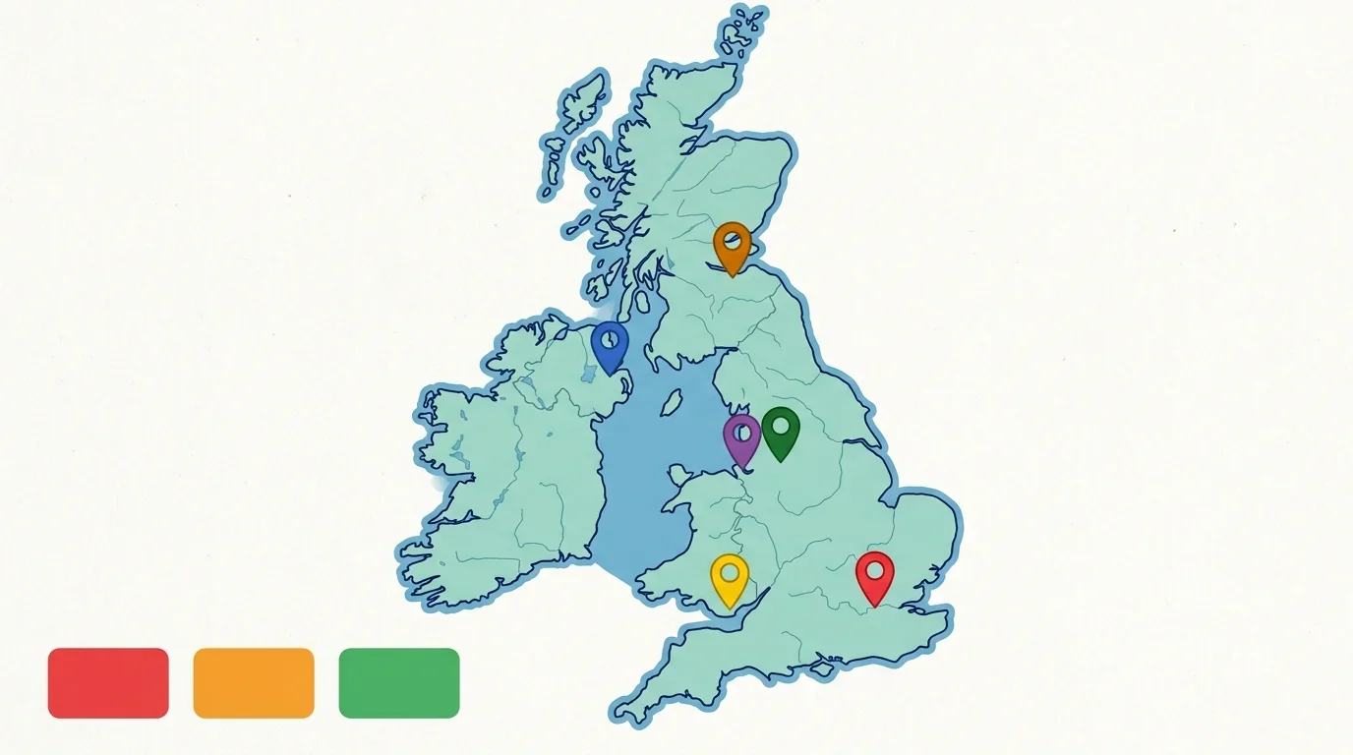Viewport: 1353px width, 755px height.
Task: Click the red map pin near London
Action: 874,575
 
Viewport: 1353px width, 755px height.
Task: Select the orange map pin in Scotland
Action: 732,245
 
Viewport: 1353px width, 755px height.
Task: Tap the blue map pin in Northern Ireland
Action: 610,344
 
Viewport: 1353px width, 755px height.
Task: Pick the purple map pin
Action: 742,436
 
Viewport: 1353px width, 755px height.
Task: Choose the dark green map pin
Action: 781,431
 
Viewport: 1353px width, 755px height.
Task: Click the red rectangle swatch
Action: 108,682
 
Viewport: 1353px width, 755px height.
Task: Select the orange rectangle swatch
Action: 254,682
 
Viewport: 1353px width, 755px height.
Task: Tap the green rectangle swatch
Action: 399,682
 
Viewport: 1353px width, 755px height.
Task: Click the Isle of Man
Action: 673,402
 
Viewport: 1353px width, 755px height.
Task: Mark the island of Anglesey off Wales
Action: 681,475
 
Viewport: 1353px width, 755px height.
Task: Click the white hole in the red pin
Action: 874,569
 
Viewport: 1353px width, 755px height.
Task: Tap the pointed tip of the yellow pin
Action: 730,606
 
